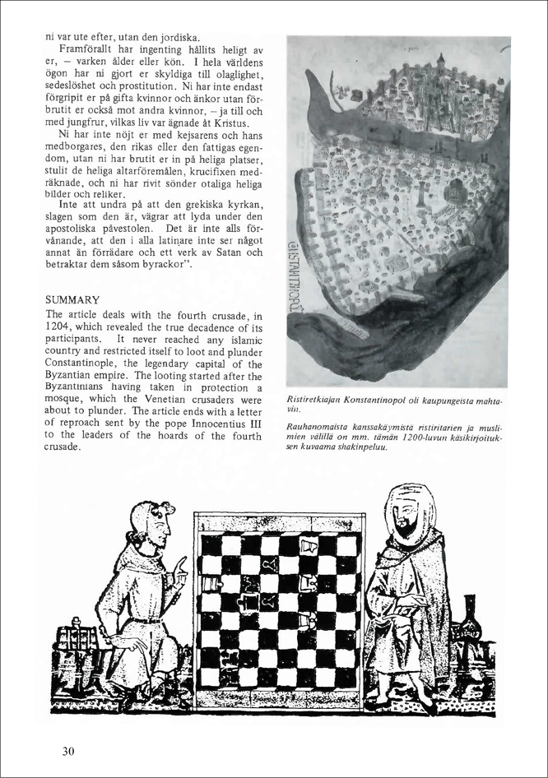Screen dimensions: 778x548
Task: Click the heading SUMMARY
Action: click(x=72, y=300)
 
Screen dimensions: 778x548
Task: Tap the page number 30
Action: click(x=68, y=750)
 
